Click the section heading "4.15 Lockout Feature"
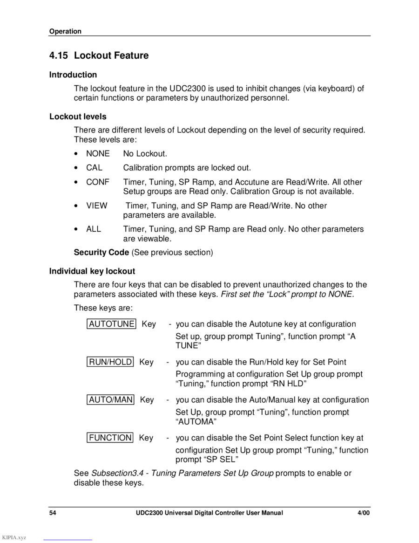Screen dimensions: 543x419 tap(99, 55)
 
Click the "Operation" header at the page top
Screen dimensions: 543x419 tap(65, 32)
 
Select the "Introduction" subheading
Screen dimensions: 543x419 tap(73, 75)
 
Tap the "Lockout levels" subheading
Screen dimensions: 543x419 tap(78, 117)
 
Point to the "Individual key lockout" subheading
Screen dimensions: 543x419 tap(92, 271)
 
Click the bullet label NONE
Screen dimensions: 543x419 tap(98, 153)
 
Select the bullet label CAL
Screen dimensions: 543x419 tap(94, 168)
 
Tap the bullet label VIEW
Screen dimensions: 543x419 tap(96, 206)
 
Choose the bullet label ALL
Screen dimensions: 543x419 tap(93, 229)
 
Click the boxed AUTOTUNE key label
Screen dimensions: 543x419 tap(112, 324)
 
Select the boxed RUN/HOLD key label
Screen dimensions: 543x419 tap(110, 362)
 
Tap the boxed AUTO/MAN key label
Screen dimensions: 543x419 tap(111, 399)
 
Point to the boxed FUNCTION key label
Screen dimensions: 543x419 tap(110, 438)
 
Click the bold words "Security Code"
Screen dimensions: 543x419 tap(101, 252)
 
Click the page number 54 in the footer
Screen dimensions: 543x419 tap(53, 513)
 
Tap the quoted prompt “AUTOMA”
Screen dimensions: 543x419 tap(196, 422)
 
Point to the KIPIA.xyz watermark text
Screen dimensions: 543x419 tap(14, 537)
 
